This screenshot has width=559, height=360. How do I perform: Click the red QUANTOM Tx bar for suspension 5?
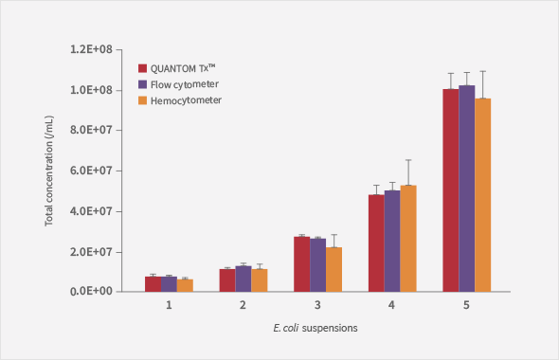(450, 189)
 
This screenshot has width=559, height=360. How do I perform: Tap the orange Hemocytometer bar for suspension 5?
(482, 194)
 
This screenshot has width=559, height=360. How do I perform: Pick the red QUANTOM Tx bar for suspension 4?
(376, 243)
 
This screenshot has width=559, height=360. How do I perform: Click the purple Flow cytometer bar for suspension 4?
(392, 241)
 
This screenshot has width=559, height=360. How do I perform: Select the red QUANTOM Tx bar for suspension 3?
(301, 263)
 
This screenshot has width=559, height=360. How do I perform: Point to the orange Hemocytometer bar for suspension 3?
(334, 269)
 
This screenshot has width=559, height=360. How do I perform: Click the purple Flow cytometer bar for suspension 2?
(243, 279)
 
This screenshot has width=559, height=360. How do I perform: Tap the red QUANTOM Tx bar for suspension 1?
(153, 283)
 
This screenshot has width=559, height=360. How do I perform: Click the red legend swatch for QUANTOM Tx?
(142, 68)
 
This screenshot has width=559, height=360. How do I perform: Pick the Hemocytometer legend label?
(186, 99)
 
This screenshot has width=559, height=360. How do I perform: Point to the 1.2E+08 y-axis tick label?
(94, 48)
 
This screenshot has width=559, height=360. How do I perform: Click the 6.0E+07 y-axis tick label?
(94, 171)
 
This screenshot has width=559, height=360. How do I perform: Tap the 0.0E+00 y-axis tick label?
(94, 292)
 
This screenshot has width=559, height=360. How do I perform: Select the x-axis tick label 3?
(317, 305)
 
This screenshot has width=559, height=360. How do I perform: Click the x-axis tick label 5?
(466, 305)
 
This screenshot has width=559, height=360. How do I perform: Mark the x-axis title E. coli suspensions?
(314, 328)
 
